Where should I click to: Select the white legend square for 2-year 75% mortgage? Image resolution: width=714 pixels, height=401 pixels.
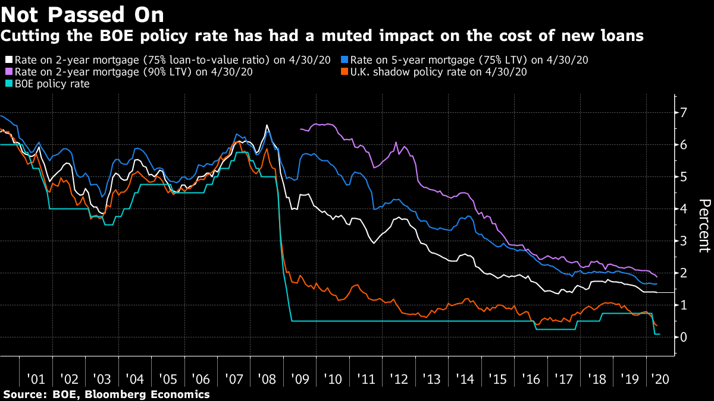(8, 60)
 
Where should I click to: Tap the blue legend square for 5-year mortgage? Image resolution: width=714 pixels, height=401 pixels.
(345, 60)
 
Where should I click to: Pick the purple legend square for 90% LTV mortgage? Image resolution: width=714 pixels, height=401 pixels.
(8, 72)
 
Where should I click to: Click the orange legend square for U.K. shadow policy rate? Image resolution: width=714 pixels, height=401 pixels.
(345, 72)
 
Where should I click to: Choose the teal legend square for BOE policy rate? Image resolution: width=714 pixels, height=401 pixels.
(8, 84)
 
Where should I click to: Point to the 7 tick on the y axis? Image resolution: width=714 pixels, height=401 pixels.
(684, 113)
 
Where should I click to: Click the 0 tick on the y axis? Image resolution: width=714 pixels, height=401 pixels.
(684, 337)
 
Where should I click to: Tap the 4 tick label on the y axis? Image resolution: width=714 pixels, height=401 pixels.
(684, 209)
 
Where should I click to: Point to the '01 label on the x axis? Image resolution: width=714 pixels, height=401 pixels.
(36, 379)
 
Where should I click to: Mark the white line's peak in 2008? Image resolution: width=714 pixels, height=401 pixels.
(266, 125)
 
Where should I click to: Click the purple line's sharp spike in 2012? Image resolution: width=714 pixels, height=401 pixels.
(396, 143)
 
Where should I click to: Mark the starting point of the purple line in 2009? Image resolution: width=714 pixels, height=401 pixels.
(300, 128)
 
